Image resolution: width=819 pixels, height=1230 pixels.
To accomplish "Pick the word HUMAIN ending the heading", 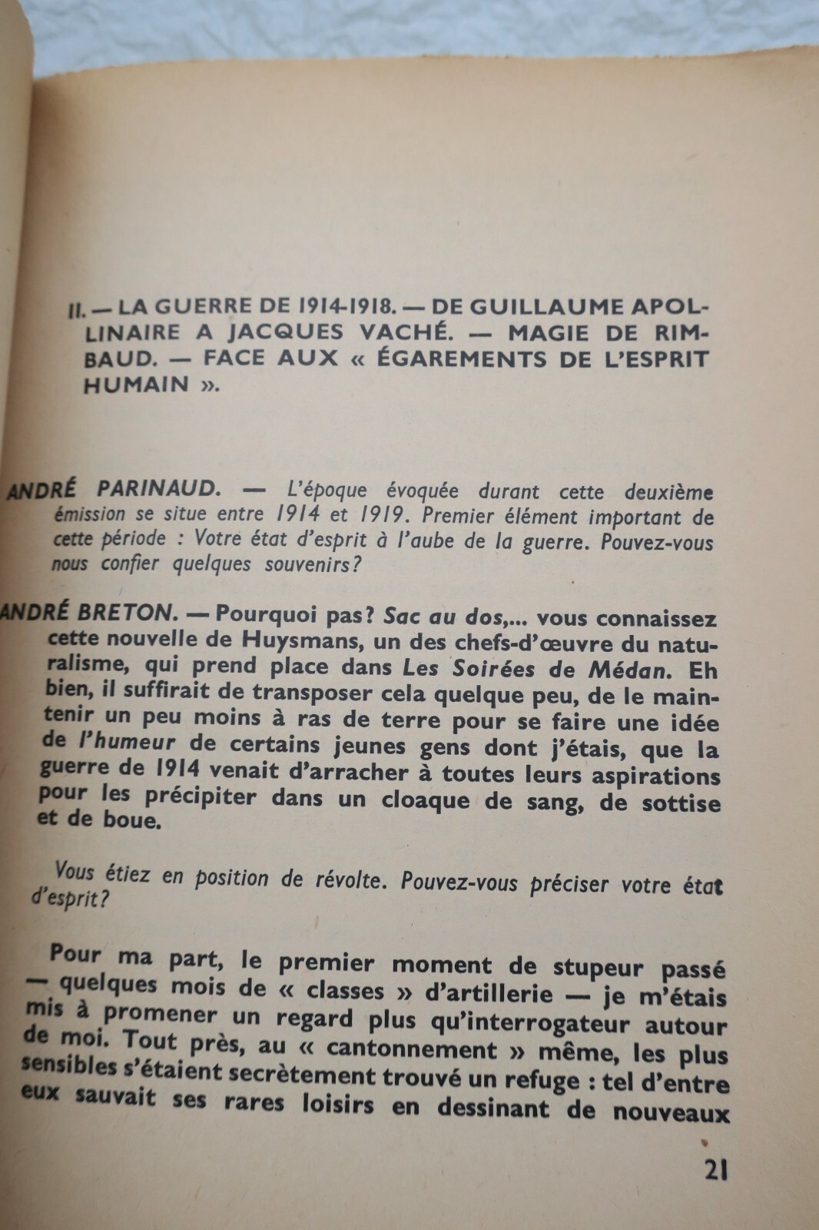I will pos(136,384).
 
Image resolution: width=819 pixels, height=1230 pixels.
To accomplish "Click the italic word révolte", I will pos(349,879).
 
